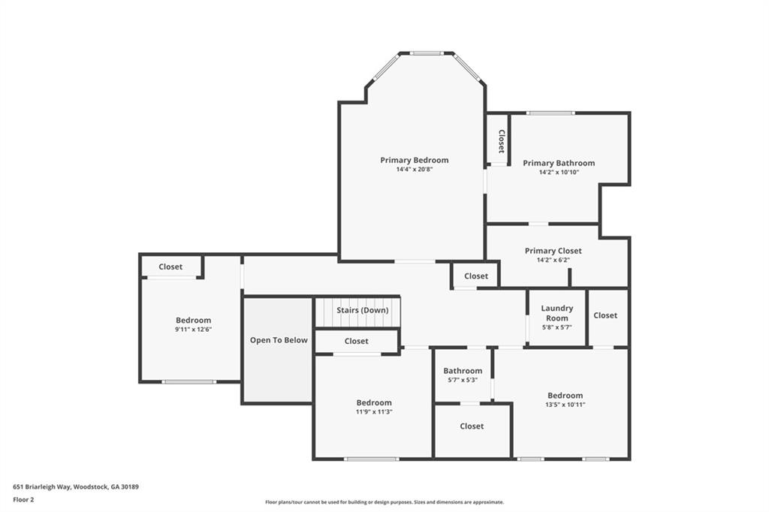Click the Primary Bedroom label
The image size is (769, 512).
pos(414,160)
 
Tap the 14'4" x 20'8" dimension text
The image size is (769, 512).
pos(414,170)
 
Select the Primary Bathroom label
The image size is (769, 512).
pos(559,163)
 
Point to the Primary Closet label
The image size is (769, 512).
pos(553,251)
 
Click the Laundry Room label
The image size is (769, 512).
pos(556,313)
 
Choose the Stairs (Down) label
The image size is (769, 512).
pos(363,310)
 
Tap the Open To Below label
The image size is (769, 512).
pos(279,340)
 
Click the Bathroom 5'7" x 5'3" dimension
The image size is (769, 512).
pos(463,380)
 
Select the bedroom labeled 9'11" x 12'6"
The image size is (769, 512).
pos(193,329)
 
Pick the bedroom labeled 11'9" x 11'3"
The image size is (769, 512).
pos(373,411)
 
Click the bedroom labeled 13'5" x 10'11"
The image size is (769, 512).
pos(565,405)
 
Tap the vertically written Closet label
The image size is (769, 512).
pos(501,141)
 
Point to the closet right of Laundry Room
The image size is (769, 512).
pos(605,315)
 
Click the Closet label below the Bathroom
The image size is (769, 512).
pos(472,426)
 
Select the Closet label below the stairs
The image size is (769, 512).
pos(356,341)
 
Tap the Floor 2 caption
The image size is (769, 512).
pos(24,499)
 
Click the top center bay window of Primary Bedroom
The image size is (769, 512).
pos(427,53)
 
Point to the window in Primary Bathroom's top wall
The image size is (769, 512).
pos(550,113)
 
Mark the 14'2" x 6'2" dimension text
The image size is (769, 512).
pos(553,261)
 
